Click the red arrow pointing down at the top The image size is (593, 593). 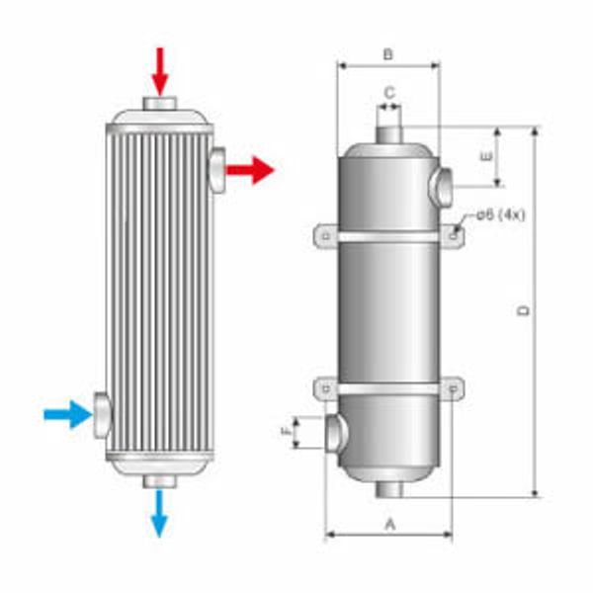[x=160, y=68]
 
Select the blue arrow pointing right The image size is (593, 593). [x=67, y=413]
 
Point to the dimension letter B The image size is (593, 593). [x=388, y=54]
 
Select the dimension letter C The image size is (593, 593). [x=389, y=92]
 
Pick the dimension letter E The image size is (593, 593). [x=483, y=156]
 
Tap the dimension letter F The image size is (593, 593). [x=288, y=433]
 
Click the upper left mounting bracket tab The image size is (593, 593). [x=326, y=235]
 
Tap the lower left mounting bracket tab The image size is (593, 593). [x=326, y=389]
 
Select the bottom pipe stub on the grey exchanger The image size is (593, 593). [x=389, y=489]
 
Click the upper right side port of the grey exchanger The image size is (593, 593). [x=442, y=184]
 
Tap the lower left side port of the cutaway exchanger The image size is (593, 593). [x=103, y=415]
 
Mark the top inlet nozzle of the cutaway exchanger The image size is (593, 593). [x=160, y=104]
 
